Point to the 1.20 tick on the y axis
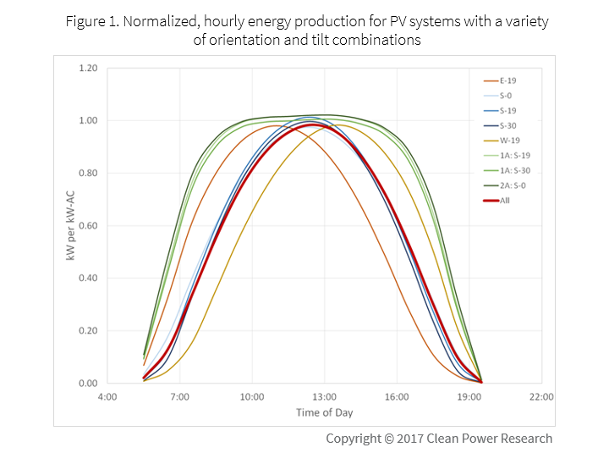(88, 68)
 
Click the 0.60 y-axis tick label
(88, 225)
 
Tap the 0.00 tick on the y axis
(88, 383)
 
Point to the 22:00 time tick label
(541, 396)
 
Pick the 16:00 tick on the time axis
(397, 396)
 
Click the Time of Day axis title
(324, 412)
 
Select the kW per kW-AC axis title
(72, 225)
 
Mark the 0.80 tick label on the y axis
(88, 173)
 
